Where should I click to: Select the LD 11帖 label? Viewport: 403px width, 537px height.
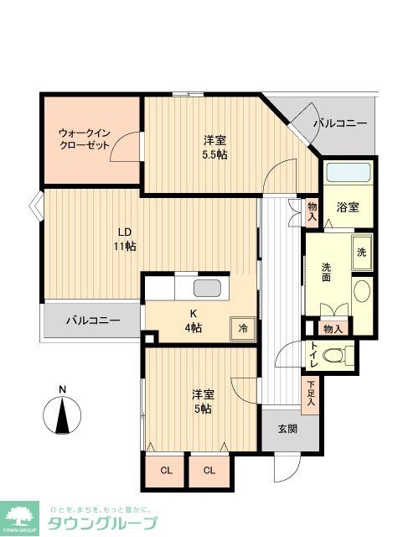(127, 238)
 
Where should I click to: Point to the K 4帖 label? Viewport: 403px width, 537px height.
(194, 321)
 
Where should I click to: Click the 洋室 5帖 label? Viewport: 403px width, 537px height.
(200, 400)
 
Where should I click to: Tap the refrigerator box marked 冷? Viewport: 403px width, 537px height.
(243, 328)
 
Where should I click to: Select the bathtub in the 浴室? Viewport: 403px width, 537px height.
(347, 174)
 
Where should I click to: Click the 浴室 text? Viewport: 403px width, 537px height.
(348, 206)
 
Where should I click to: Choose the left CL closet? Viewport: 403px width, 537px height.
(166, 470)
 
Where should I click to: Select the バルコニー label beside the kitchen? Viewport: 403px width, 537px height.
(92, 320)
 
